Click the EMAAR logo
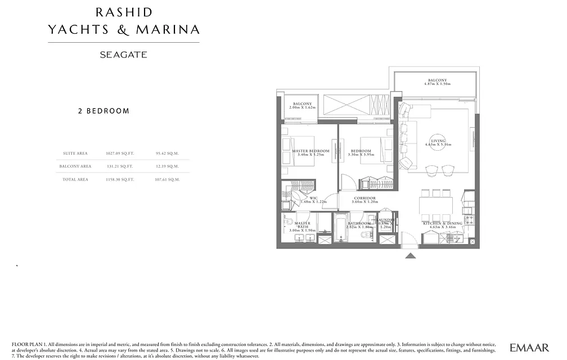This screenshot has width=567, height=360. pyautogui.click(x=529, y=348)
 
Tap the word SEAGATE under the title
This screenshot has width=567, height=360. pyautogui.click(x=123, y=55)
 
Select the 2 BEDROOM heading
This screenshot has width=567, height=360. pyautogui.click(x=103, y=111)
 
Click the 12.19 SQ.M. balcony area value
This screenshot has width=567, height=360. pyautogui.click(x=167, y=166)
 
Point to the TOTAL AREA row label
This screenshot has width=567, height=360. pyautogui.click(x=75, y=179)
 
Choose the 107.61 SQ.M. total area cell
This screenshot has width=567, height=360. pyautogui.click(x=167, y=179)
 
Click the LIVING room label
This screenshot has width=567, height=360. pyautogui.click(x=438, y=141)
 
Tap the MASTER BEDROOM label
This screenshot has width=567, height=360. pyautogui.click(x=310, y=151)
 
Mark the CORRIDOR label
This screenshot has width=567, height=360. pyautogui.click(x=364, y=198)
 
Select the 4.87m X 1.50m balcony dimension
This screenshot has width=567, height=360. pyautogui.click(x=437, y=84)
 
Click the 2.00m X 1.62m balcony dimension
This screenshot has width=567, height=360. pyautogui.click(x=303, y=107)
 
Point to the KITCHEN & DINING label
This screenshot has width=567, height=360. pyautogui.click(x=442, y=223)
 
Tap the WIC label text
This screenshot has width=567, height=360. pyautogui.click(x=313, y=198)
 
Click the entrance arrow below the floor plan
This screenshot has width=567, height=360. pyautogui.click(x=411, y=255)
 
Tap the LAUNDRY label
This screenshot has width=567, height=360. pyautogui.click(x=385, y=220)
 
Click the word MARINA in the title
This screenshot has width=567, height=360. pyautogui.click(x=172, y=29)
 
